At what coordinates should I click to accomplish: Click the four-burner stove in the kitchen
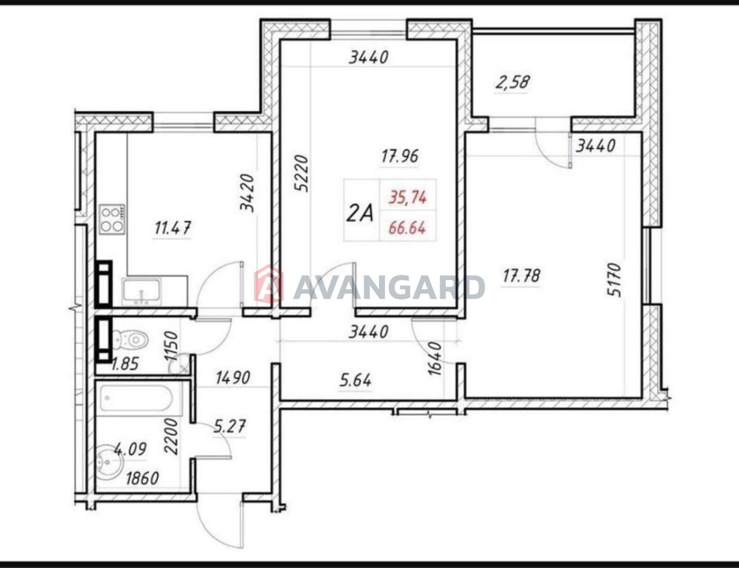(112, 220)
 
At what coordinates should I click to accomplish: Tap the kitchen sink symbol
(142, 291)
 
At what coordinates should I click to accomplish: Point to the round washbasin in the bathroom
(109, 461)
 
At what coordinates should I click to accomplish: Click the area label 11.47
(173, 228)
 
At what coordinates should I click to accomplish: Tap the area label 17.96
(400, 156)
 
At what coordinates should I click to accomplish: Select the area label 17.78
(521, 275)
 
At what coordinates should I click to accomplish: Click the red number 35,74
(407, 197)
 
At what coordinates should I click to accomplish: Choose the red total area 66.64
(407, 228)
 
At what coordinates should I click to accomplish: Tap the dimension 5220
(301, 174)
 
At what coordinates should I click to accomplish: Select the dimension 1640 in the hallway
(435, 359)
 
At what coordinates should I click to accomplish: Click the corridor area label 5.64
(355, 380)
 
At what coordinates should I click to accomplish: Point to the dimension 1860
(142, 478)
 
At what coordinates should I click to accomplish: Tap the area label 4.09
(130, 449)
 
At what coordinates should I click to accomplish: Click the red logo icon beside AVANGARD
(269, 284)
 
